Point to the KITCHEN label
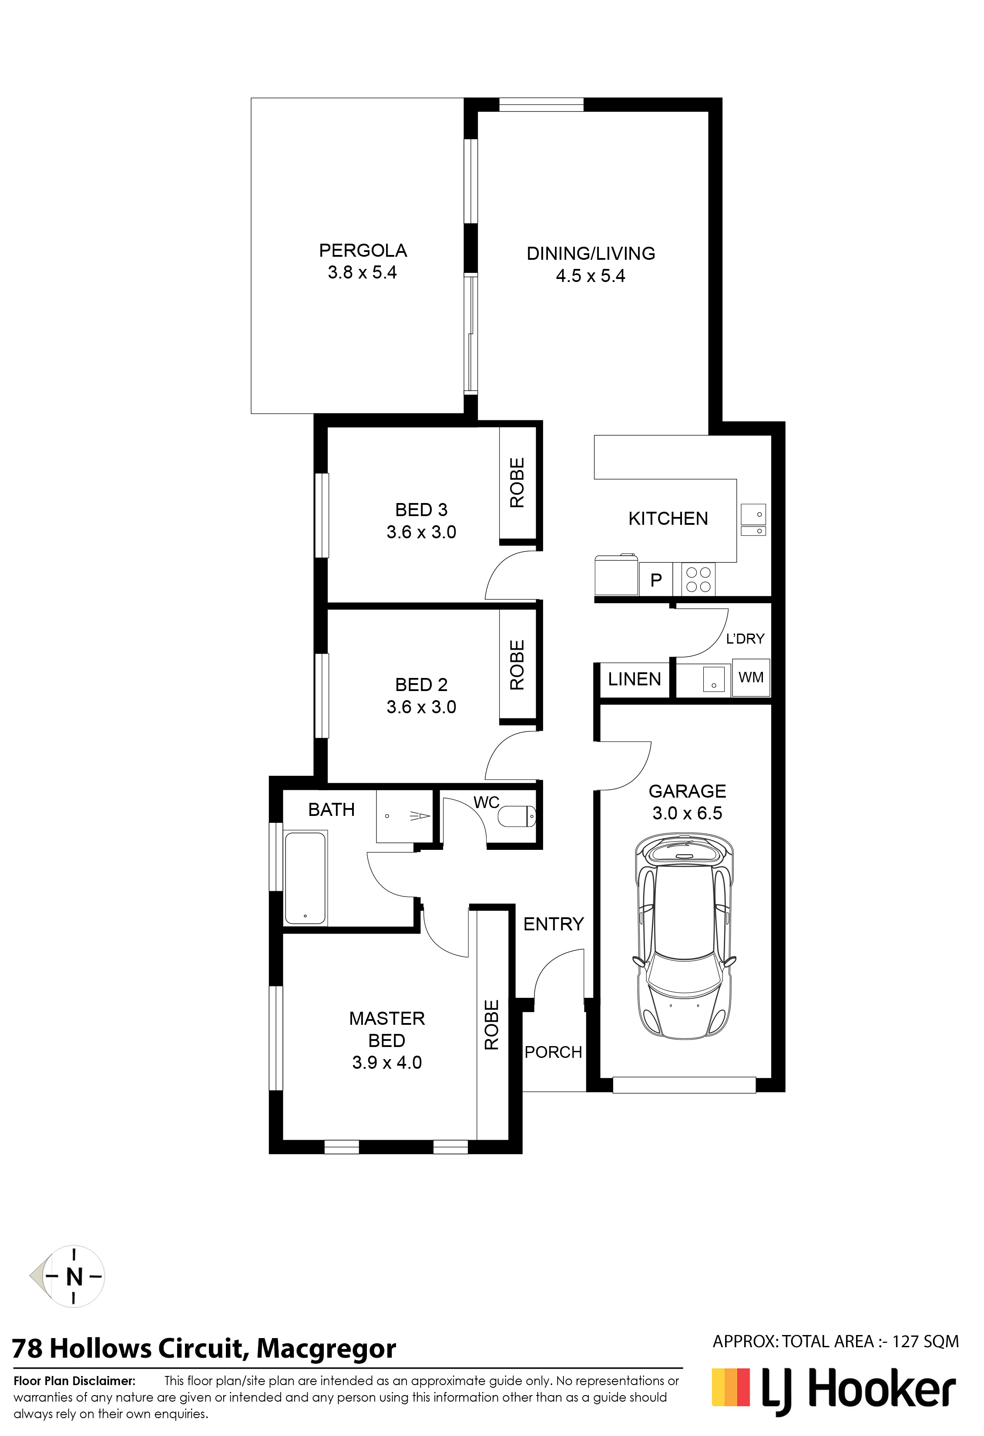click(x=668, y=518)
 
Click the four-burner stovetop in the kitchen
click(x=699, y=580)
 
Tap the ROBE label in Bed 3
click(x=517, y=483)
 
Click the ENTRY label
click(x=554, y=924)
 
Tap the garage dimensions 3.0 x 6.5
click(x=687, y=813)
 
